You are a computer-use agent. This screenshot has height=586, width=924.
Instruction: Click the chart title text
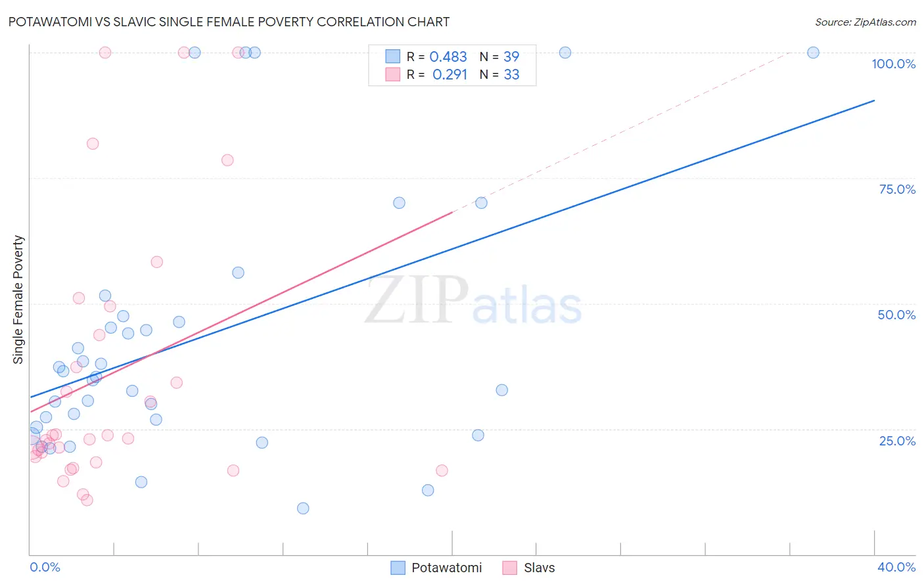tap(229, 22)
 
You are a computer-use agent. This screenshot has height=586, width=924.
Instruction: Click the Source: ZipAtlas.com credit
tap(865, 22)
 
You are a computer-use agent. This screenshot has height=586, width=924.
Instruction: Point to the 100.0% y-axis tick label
tap(893, 64)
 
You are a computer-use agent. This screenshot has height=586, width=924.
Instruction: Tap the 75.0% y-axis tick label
tap(897, 189)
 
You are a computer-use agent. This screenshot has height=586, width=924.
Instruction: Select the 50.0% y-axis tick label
tap(896, 315)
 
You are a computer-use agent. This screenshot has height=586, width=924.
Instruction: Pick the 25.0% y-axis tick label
tap(897, 441)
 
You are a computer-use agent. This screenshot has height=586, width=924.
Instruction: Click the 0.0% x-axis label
tap(45, 567)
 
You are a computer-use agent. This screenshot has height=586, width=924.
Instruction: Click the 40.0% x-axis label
tap(896, 567)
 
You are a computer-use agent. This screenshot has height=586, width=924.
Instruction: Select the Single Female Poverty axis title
tap(18, 300)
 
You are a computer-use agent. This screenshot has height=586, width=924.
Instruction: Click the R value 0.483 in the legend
tap(448, 57)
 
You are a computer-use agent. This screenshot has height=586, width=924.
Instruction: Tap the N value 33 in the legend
tap(511, 75)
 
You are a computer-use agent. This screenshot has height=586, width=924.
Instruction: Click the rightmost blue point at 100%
tap(813, 53)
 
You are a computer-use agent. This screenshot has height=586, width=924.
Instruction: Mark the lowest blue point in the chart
tap(303, 508)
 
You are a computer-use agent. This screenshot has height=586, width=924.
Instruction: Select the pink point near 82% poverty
tap(93, 144)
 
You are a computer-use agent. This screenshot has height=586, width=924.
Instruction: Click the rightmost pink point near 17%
tap(442, 470)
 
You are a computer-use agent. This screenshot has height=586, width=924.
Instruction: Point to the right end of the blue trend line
tap(874, 101)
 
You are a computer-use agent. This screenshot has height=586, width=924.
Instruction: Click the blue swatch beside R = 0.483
tap(393, 56)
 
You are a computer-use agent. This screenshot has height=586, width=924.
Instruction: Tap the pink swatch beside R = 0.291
tap(393, 74)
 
